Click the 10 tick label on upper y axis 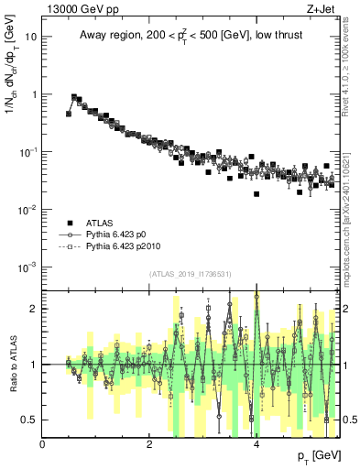tap(31, 37)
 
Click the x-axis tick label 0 tap(43, 444)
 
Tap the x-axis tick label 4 tap(256, 444)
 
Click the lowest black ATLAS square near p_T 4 tap(256, 194)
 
